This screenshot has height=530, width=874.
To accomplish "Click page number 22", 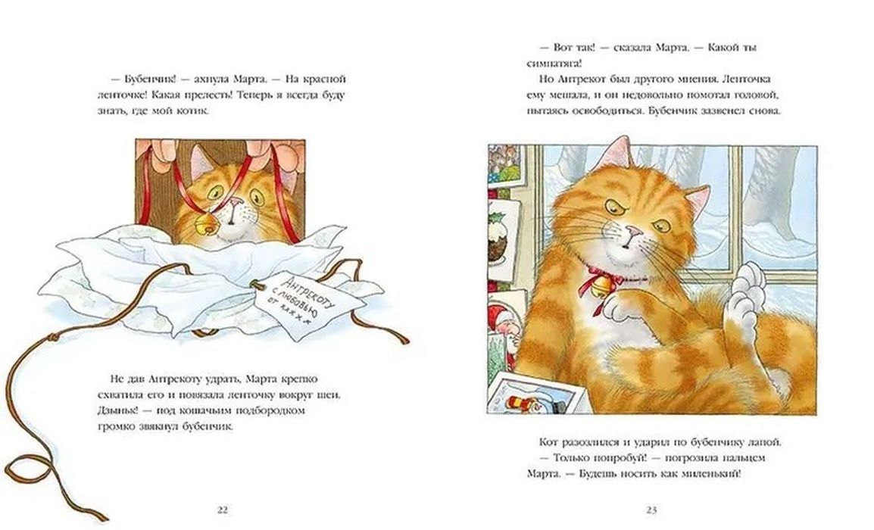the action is click(223, 510).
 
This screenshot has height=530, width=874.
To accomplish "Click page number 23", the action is click(651, 510).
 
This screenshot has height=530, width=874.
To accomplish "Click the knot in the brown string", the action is click(53, 338).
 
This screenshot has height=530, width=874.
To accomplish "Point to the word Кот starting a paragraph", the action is click(548, 442).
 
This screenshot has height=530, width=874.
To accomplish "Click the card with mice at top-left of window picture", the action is click(506, 164).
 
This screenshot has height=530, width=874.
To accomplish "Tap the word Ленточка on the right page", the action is click(755, 79).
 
